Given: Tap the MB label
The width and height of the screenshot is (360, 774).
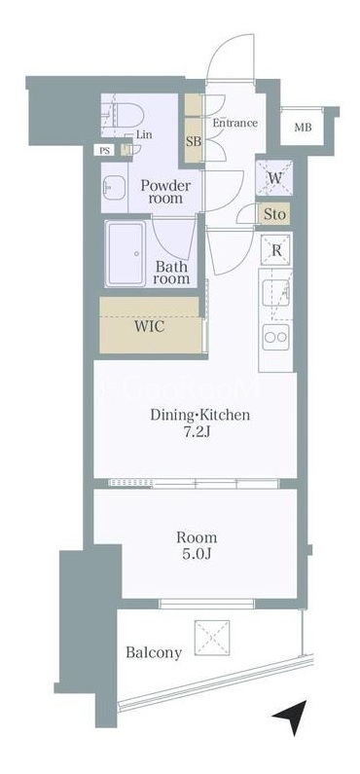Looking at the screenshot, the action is [303, 128].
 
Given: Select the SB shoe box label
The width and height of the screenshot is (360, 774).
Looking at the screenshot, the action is [194, 142].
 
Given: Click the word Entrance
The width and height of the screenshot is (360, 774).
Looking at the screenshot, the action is [234, 123].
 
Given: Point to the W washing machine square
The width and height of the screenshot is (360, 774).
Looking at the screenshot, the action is [275, 178].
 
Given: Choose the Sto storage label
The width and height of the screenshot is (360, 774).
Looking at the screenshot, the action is [274, 215].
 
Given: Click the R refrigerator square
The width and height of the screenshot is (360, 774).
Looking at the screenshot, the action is [276, 250].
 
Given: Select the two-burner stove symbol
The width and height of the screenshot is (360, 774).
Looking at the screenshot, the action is [275, 337].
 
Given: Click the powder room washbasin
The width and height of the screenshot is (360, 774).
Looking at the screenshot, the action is [114, 188].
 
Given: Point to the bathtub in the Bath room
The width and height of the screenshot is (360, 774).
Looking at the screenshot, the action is [126, 253].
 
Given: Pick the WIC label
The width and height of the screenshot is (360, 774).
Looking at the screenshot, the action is [152, 327].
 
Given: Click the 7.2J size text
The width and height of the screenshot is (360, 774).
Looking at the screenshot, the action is [199, 433].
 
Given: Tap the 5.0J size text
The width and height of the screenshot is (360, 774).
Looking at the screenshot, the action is [197, 554].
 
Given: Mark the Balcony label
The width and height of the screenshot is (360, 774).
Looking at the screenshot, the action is [154, 653].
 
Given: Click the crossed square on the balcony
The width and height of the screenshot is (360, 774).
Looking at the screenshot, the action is [212, 638].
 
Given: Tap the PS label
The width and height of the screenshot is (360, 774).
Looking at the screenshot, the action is [104, 151].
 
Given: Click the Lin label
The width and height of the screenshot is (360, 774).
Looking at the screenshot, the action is [145, 134].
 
